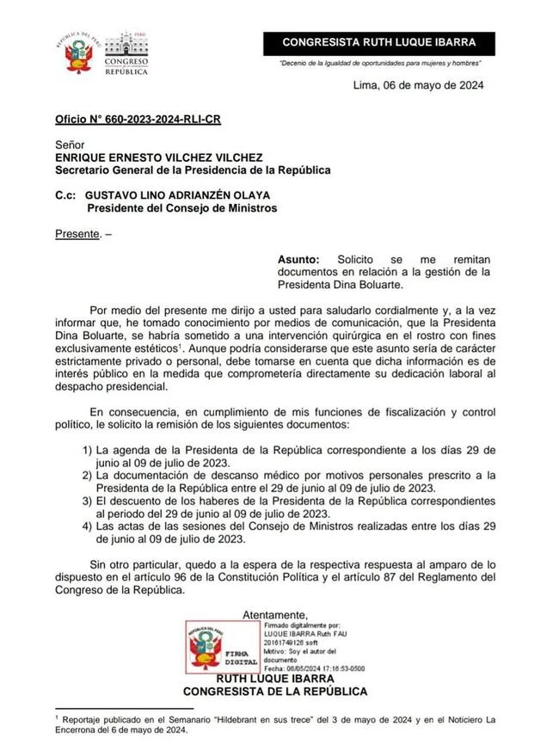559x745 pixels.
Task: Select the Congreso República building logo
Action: pos(126,54)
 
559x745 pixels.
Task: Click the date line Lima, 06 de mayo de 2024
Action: pos(418,85)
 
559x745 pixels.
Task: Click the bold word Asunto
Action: pos(298,258)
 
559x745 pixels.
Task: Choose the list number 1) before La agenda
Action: pos(87,451)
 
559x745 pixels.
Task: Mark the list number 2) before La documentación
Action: pos(87,475)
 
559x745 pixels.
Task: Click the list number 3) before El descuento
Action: pos(87,500)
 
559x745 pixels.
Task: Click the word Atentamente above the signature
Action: pos(274,614)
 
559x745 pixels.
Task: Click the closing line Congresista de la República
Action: pos(275,691)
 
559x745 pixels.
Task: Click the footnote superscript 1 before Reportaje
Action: pos(56,715)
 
